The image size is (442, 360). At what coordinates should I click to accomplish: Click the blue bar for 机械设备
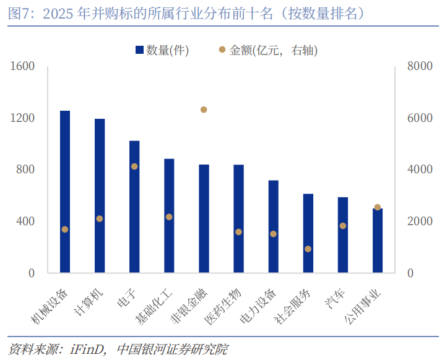point(65,192)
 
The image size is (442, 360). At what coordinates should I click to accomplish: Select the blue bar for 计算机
point(100,196)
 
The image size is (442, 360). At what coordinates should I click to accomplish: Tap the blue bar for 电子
point(134,207)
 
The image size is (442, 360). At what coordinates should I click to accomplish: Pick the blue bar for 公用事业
point(378,241)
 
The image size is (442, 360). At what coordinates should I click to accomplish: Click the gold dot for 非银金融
point(204,109)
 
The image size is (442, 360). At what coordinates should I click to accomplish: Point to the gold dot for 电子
point(134,166)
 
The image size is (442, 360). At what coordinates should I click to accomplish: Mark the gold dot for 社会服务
point(308,249)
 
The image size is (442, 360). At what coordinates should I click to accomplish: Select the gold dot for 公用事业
point(378,207)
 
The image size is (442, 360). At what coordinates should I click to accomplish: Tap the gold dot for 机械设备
point(65,229)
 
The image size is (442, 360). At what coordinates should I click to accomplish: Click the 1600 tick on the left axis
point(22,66)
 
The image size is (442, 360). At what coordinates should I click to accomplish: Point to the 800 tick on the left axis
point(25,169)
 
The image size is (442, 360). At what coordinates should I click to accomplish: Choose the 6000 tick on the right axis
point(420,118)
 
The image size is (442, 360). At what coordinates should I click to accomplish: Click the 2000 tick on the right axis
point(420,221)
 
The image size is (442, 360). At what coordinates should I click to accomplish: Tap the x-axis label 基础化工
point(154,306)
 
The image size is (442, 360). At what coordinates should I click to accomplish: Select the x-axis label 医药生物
point(223,306)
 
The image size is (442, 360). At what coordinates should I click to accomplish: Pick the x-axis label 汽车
point(335,299)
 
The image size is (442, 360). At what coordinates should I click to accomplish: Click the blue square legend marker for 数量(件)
point(139,50)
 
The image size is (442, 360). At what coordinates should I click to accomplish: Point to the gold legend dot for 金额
point(222,49)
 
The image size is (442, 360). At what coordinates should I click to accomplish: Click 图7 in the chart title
point(17,14)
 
